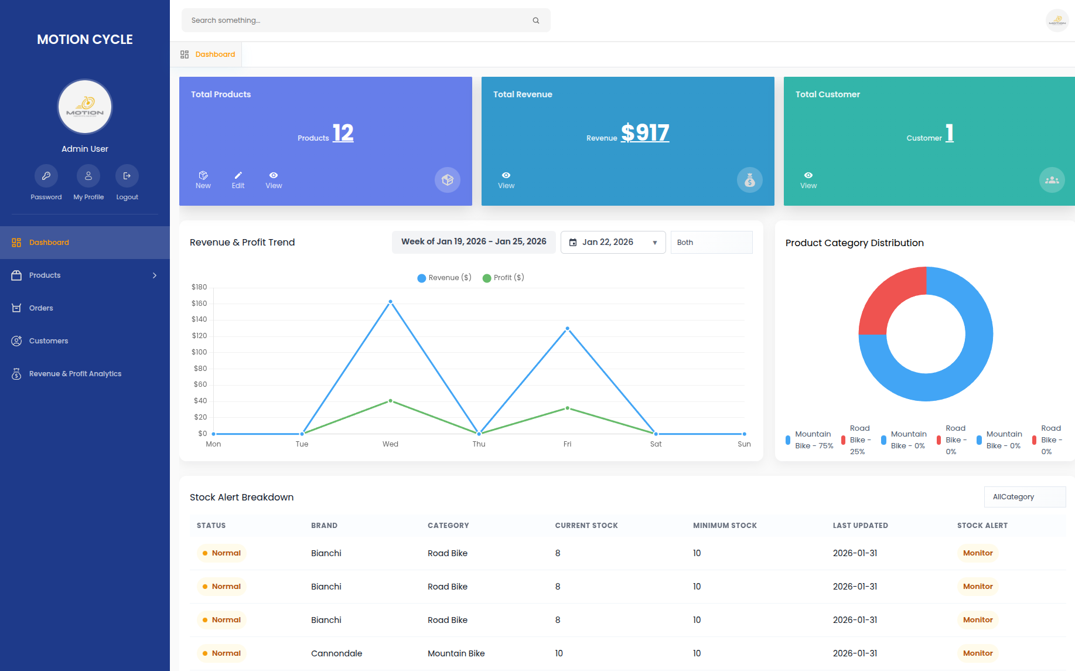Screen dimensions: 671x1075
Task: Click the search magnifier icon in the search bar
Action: [x=535, y=21]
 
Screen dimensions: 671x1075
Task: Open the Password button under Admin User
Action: [x=46, y=176]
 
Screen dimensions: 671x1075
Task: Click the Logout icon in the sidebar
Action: [x=127, y=176]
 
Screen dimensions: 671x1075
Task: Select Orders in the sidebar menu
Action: [x=41, y=308]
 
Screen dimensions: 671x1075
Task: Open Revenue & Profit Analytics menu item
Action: [x=75, y=374]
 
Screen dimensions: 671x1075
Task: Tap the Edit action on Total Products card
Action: [x=238, y=180]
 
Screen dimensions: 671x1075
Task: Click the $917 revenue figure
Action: [x=644, y=133]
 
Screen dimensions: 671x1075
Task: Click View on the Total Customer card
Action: [x=808, y=180]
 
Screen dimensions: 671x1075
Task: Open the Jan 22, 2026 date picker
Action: [x=613, y=242]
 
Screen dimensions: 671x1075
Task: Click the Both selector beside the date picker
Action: [x=711, y=242]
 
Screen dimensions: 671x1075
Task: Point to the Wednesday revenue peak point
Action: [x=391, y=302]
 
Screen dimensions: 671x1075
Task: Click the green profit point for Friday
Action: [x=567, y=408]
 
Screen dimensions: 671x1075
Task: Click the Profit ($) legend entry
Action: [x=503, y=278]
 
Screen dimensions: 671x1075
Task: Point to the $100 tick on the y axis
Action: [x=199, y=352]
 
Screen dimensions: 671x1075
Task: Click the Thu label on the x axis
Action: [x=479, y=444]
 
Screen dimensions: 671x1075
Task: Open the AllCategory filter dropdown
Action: [x=1025, y=497]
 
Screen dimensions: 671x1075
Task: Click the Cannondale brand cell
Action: [x=336, y=653]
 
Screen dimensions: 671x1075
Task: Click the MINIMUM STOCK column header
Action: [x=725, y=526]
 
